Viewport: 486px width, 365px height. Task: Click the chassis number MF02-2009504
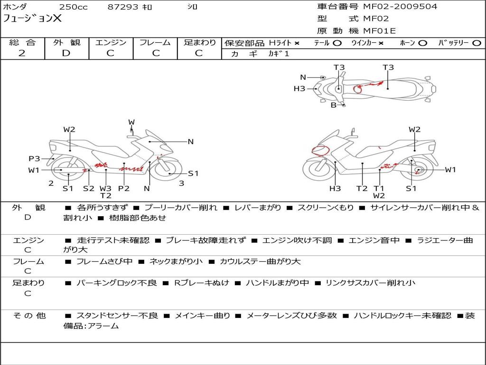400,7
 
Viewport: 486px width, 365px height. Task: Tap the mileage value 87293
123,7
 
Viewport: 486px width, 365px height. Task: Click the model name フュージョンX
32,19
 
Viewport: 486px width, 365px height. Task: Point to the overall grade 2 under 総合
22,53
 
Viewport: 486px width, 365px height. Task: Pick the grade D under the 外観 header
66,53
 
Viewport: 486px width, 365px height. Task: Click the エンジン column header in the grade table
110,43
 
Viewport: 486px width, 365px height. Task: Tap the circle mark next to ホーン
422,43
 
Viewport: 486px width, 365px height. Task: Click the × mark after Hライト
297,43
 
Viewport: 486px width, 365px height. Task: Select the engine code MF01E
379,31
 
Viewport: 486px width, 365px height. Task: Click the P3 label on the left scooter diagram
34,159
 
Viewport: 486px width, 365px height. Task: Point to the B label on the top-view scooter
333,105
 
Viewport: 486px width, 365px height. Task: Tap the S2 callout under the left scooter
89,188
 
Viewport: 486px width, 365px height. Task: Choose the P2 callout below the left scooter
124,188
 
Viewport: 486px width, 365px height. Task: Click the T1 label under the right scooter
379,188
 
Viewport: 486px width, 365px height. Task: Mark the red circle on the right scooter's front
321,151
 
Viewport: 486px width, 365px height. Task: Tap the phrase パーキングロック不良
116,283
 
